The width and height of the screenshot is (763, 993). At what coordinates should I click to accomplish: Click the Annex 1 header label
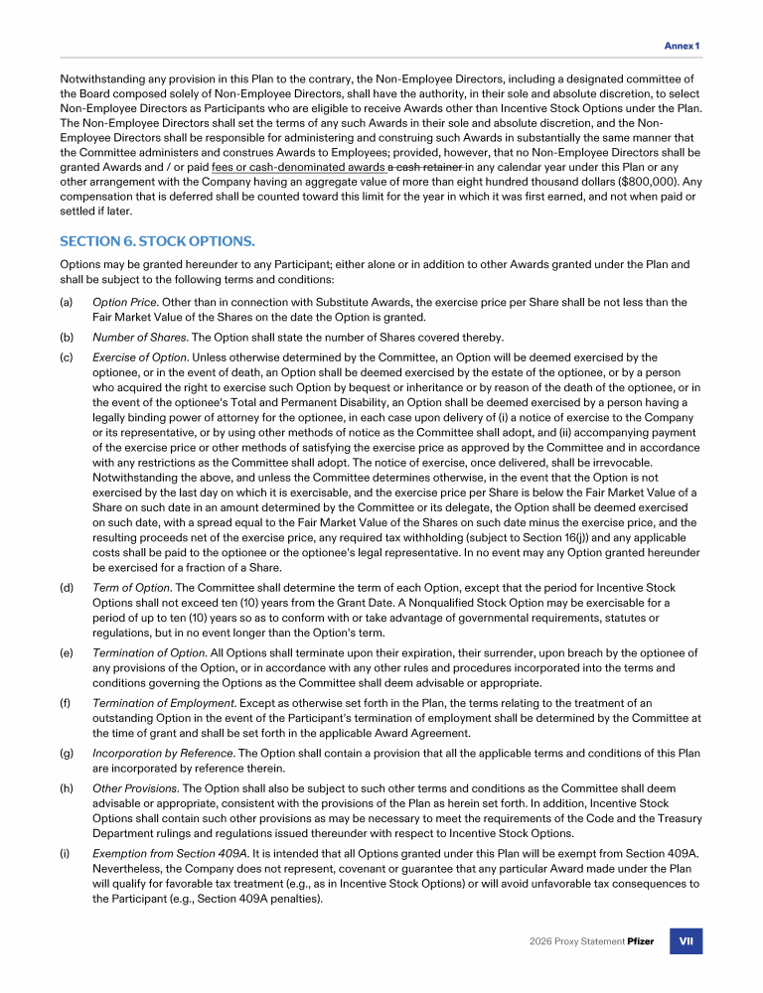point(682,46)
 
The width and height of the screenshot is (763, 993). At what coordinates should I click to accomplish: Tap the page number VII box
point(686,941)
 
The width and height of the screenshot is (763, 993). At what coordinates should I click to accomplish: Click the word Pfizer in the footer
point(640,941)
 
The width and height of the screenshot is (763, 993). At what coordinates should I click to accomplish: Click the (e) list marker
point(67,653)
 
